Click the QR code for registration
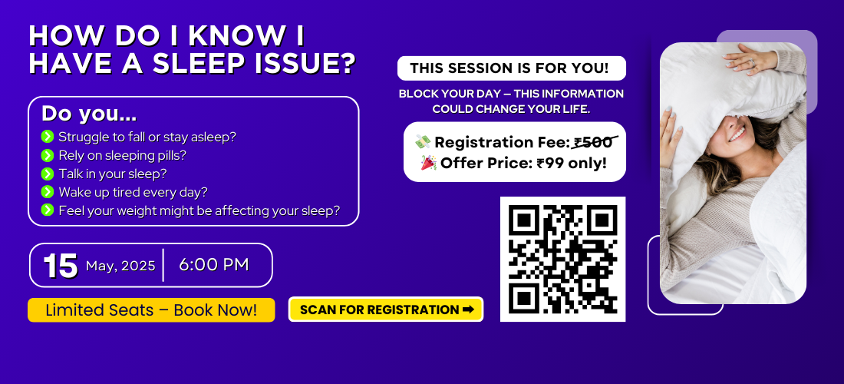point(562,259)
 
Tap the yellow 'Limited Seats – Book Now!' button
point(151,310)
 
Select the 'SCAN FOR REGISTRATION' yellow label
point(386,310)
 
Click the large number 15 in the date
point(61,266)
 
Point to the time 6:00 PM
point(214,265)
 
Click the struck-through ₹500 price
point(594,142)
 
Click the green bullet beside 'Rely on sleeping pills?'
point(48,156)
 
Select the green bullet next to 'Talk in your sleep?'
point(48,174)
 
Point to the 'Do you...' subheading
point(89,114)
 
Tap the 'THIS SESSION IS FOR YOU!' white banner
point(511,68)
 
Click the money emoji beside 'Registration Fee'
point(423,142)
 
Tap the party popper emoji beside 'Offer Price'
point(428,163)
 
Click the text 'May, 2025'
point(120,266)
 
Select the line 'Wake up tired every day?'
point(133,192)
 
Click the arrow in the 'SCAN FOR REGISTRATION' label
point(468,310)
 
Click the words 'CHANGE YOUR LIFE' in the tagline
point(539,109)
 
